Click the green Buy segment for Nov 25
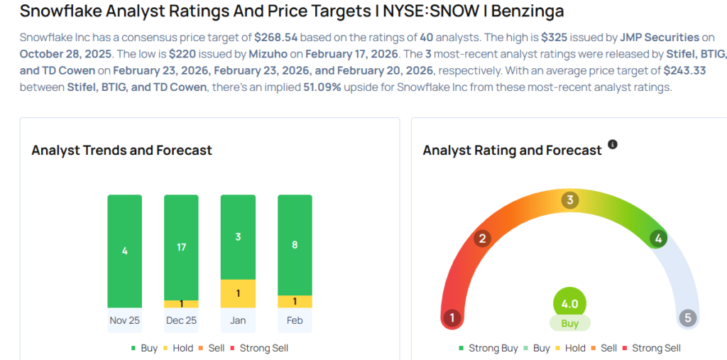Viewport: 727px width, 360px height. pos(125,251)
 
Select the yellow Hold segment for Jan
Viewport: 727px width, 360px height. pos(238,293)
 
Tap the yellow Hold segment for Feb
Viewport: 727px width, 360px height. pos(295,301)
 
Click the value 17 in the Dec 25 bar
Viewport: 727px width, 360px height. pos(181,247)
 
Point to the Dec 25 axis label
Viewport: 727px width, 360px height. pos(181,320)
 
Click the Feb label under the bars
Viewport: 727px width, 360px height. pos(295,320)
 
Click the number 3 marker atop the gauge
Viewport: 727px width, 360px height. pos(569,200)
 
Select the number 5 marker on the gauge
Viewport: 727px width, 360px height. pos(687,317)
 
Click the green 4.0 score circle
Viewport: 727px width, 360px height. pos(569,303)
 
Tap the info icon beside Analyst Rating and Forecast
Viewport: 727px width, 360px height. pos(613,145)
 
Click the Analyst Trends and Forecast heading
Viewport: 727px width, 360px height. pos(121,150)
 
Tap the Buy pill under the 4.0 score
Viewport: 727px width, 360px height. pos(569,323)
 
